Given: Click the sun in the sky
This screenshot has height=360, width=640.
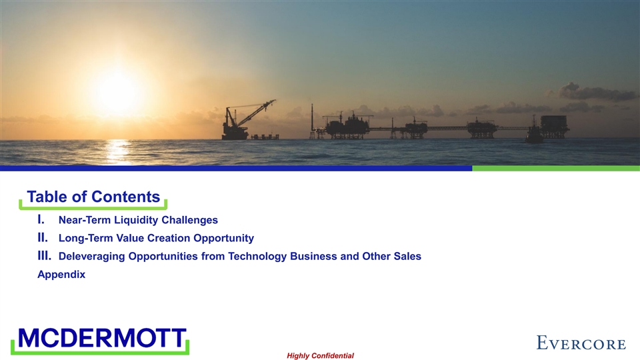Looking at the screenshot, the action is pyautogui.click(x=117, y=92).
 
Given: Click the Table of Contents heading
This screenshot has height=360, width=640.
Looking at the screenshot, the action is pyautogui.click(x=93, y=197).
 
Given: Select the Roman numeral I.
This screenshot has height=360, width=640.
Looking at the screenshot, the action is pyautogui.click(x=41, y=219).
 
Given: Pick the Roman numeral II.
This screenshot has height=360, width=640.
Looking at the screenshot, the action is pyautogui.click(x=43, y=237).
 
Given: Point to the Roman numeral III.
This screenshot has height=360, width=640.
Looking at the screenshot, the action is pyautogui.click(x=45, y=256).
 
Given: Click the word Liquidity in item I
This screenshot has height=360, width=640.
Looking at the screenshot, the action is pyautogui.click(x=136, y=221).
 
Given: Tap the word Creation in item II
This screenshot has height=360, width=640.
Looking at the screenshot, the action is pyautogui.click(x=169, y=238).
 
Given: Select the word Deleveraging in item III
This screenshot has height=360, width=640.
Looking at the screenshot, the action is pyautogui.click(x=92, y=257).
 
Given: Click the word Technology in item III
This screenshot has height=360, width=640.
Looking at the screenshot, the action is pyautogui.click(x=257, y=257).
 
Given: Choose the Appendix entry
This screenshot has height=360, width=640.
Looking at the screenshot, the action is pyautogui.click(x=61, y=274).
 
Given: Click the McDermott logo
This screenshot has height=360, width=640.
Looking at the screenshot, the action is pyautogui.click(x=101, y=340).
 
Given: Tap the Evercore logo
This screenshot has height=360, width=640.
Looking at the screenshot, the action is pyautogui.click(x=581, y=343).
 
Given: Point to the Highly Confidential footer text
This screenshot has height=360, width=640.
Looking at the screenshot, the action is pyautogui.click(x=321, y=356).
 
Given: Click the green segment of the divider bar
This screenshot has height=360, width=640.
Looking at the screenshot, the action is pyautogui.click(x=556, y=168).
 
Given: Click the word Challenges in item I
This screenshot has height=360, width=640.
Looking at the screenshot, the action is pyautogui.click(x=190, y=221).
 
